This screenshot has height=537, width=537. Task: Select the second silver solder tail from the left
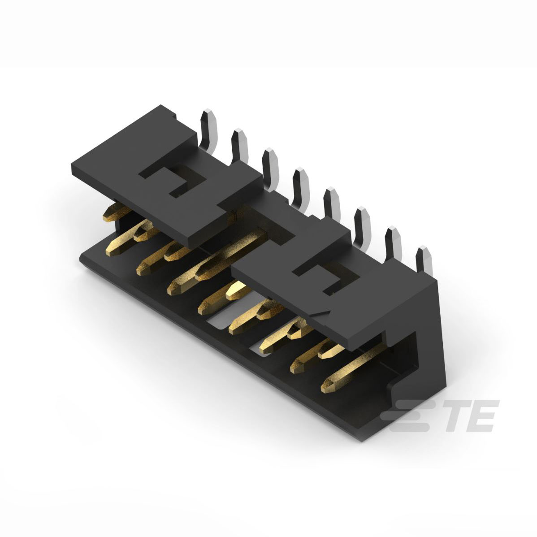(x=239, y=147)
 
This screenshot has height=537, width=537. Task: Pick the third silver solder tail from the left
(x=270, y=168)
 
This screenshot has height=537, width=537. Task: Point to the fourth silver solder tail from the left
(x=301, y=186)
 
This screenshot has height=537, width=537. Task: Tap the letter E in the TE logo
(x=481, y=416)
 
